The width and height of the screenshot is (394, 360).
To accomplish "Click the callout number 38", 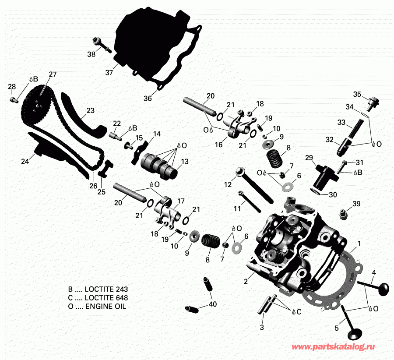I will click(91, 55).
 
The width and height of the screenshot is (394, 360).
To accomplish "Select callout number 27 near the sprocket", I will click(53, 74).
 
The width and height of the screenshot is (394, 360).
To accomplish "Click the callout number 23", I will click(90, 111).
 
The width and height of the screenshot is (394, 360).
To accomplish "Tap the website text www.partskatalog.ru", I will click(333, 346).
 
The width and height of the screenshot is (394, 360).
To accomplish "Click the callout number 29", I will click(309, 157).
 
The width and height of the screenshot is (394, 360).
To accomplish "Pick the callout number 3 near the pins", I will click(262, 327).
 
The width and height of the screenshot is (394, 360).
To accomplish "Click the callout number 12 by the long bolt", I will click(227, 185).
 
